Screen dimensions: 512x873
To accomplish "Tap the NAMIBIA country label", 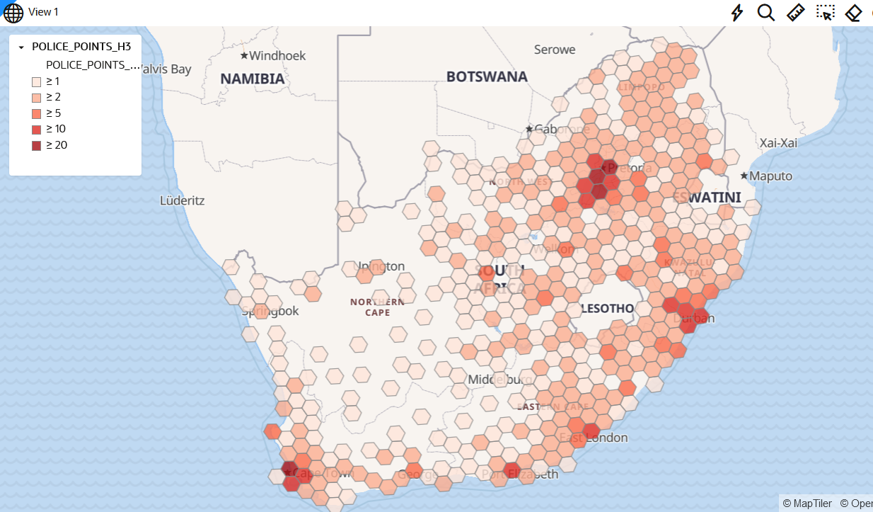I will click(253, 79).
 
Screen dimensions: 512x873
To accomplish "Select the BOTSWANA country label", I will click(487, 76).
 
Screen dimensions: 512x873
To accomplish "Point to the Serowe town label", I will click(555, 50).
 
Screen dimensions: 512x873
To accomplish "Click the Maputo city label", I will click(771, 176).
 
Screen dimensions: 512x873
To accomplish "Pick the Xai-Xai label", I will click(779, 143).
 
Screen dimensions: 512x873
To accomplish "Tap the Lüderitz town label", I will click(183, 200).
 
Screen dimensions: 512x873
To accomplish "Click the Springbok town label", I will click(271, 311).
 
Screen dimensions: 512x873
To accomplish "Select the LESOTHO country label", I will click(606, 309).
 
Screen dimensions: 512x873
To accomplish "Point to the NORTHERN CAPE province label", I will click(377, 307).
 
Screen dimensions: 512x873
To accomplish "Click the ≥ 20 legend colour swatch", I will click(36, 145).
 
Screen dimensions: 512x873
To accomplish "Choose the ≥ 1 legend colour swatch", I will click(36, 81).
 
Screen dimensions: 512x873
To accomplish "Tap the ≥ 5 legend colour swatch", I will click(36, 113).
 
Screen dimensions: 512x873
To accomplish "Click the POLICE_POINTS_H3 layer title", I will click(81, 47).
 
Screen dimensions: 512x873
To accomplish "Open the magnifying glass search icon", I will click(766, 13).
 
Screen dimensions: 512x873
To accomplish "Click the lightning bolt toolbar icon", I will click(737, 13).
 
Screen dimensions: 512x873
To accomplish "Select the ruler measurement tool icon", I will click(796, 13).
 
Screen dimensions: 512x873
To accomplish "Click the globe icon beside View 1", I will click(13, 13).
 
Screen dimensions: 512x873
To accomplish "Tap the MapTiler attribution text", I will click(807, 503).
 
